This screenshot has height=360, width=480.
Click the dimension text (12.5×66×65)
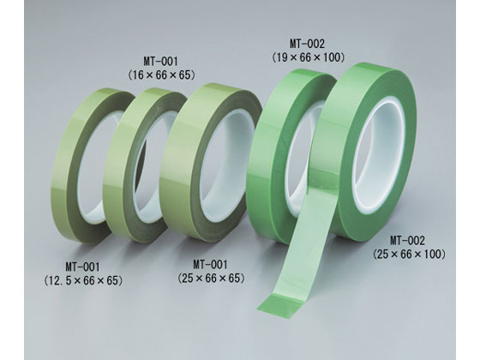pos(83,280)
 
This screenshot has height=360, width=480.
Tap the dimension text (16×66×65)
pos(161,75)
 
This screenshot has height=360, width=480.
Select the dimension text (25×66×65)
pos(211,278)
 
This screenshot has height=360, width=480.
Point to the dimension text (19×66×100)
pos(309,57)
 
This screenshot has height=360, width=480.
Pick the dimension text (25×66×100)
pos(410,254)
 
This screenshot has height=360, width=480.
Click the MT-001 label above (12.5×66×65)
pos(82,267)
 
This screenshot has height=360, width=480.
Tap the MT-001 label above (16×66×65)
pos(160,62)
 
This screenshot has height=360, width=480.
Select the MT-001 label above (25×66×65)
pos(210,264)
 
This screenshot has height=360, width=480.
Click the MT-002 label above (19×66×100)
pos(307,44)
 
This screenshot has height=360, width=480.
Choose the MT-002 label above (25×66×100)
pos(407,241)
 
